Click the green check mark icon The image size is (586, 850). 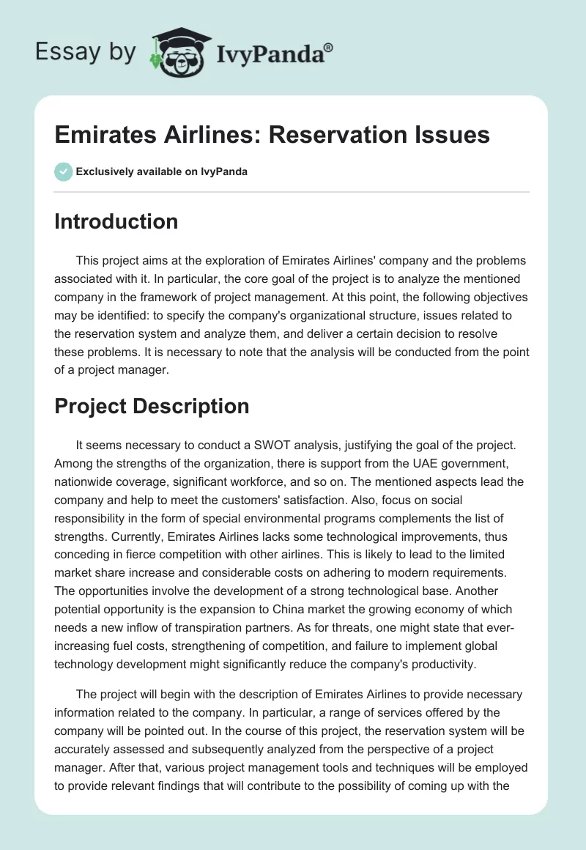pos(63,171)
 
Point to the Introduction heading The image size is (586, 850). pos(116,221)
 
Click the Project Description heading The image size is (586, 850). pos(152,406)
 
